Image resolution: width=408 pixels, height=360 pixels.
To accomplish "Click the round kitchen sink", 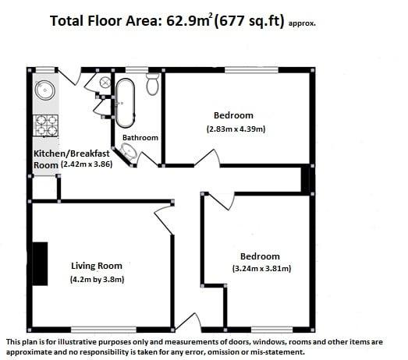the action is tap(45, 90).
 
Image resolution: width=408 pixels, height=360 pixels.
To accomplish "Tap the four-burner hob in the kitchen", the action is tap(45, 125).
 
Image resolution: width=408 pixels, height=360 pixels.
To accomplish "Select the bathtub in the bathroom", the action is tap(125, 103).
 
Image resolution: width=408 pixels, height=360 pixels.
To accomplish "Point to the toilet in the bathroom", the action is tap(152, 84).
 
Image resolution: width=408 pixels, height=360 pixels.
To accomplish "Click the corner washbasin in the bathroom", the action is tap(129, 151).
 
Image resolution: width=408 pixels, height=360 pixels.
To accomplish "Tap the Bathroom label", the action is tap(140, 137).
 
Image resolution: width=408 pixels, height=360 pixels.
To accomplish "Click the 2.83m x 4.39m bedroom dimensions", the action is tap(236, 129).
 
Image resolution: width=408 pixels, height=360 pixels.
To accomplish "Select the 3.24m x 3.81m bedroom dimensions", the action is tap(261, 268).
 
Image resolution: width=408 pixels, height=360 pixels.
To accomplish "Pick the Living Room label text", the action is tap(97, 266).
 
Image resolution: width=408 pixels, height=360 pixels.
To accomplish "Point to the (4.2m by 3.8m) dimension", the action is tap(97, 280).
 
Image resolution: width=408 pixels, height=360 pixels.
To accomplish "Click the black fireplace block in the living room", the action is tap(40, 264).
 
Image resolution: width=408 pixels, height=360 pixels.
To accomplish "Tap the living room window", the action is tap(104, 330).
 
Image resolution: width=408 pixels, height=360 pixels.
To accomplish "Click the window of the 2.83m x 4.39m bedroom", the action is tap(251, 70).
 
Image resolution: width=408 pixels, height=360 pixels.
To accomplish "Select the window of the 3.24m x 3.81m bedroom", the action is tap(272, 330).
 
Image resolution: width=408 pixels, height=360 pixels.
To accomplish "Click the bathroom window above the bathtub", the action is tap(137, 70).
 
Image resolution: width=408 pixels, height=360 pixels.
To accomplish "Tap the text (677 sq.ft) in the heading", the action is tap(249, 21).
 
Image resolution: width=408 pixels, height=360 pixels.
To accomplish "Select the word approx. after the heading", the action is tap(302, 23).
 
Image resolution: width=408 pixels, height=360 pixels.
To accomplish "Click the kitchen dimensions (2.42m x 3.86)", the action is tap(87, 164).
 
